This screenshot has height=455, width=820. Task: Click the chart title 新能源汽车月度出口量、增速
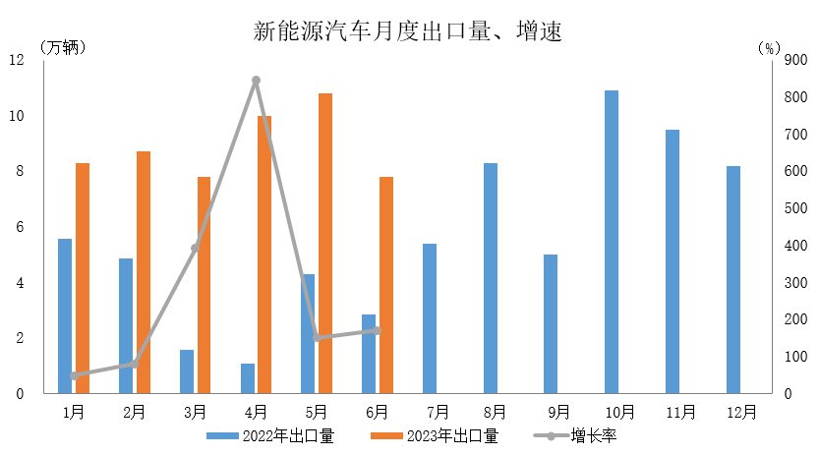point(407,31)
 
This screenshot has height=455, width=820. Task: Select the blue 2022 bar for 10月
point(612,242)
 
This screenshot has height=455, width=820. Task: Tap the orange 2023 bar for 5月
point(325,244)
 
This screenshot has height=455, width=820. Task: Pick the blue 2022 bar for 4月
point(248,378)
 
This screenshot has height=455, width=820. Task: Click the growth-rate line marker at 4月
point(256,81)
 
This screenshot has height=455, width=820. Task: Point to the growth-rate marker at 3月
point(195,248)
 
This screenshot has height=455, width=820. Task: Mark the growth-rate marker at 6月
point(378,330)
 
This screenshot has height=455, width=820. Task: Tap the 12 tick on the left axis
point(17,60)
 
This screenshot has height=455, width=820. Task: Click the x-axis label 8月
point(496,412)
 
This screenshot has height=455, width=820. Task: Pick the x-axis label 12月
point(742,412)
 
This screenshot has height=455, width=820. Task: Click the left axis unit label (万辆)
point(64,46)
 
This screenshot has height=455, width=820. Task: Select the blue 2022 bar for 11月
point(673,261)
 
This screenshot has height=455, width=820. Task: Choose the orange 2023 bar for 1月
point(83,278)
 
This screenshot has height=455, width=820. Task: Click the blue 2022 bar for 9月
point(551,324)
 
